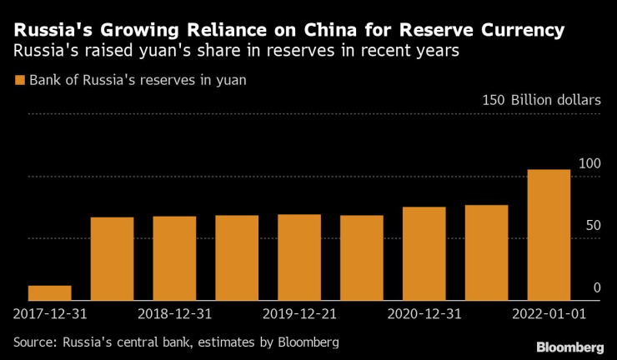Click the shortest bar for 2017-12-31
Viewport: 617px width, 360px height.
[x=49, y=292]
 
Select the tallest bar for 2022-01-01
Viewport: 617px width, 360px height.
[x=549, y=234]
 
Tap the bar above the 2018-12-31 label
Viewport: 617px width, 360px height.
[x=174, y=257]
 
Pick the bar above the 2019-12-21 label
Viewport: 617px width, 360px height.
[x=299, y=257]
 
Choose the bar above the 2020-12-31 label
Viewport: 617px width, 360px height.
[x=424, y=253]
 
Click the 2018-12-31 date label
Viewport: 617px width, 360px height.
[x=174, y=315]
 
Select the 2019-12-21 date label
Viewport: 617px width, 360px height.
[x=299, y=315]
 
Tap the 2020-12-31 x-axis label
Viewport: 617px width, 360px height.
[x=424, y=315]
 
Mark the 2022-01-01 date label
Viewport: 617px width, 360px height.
[x=549, y=315]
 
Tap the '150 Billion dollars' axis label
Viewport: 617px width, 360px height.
[x=541, y=100]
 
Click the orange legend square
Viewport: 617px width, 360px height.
[x=19, y=81]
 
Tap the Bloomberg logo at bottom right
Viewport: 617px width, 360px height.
[x=570, y=346]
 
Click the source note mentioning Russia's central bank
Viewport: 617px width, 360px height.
[x=176, y=342]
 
